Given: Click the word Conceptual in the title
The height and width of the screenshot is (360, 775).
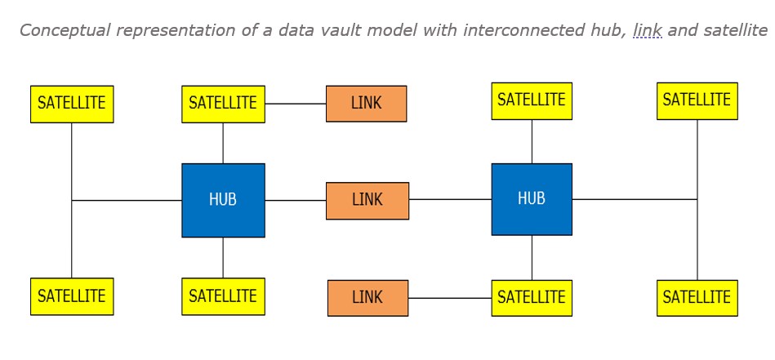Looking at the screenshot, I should coord(65,30).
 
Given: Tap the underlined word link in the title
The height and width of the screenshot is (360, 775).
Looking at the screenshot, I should coord(647,30).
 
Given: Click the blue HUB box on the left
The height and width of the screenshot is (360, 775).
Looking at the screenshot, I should coord(223,200).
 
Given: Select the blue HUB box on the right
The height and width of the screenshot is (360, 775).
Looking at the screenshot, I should coord(532,199).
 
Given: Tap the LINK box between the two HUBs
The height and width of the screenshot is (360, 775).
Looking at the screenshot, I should coord(367,200).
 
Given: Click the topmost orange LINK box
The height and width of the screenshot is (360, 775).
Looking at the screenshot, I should coord(366,104).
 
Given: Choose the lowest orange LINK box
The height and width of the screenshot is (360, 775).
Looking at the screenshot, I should coord(367,298).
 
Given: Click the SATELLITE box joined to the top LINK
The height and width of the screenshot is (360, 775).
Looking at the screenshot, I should coord(223,104).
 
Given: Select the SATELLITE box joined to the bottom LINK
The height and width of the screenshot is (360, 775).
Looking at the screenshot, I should coord(532,298).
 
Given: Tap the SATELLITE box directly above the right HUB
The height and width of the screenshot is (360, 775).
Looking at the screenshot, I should coord(532,101).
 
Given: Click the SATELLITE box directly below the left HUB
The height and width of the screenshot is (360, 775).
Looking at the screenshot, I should coord(223,296).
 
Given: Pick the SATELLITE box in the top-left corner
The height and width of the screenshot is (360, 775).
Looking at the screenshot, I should coord(72,104).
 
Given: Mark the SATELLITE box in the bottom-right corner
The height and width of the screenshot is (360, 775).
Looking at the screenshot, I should coord(697,298).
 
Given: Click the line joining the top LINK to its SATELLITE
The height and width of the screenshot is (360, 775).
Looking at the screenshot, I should coord(295,104).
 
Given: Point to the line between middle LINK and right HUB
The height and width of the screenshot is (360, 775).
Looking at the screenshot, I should coord(450,199).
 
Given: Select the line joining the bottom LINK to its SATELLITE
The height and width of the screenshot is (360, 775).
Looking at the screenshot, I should coord(449,298).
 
